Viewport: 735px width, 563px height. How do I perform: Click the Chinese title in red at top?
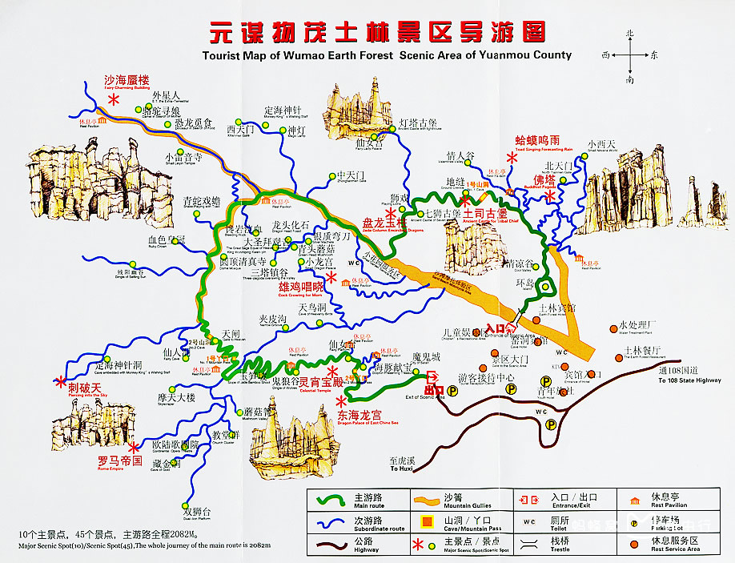click(379, 33)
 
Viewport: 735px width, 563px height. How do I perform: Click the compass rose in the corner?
click(630, 56)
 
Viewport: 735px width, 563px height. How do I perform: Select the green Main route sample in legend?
click(331, 501)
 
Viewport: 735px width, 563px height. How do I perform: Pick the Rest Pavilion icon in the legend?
click(635, 501)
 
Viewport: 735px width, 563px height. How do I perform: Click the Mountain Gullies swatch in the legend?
click(435, 501)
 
